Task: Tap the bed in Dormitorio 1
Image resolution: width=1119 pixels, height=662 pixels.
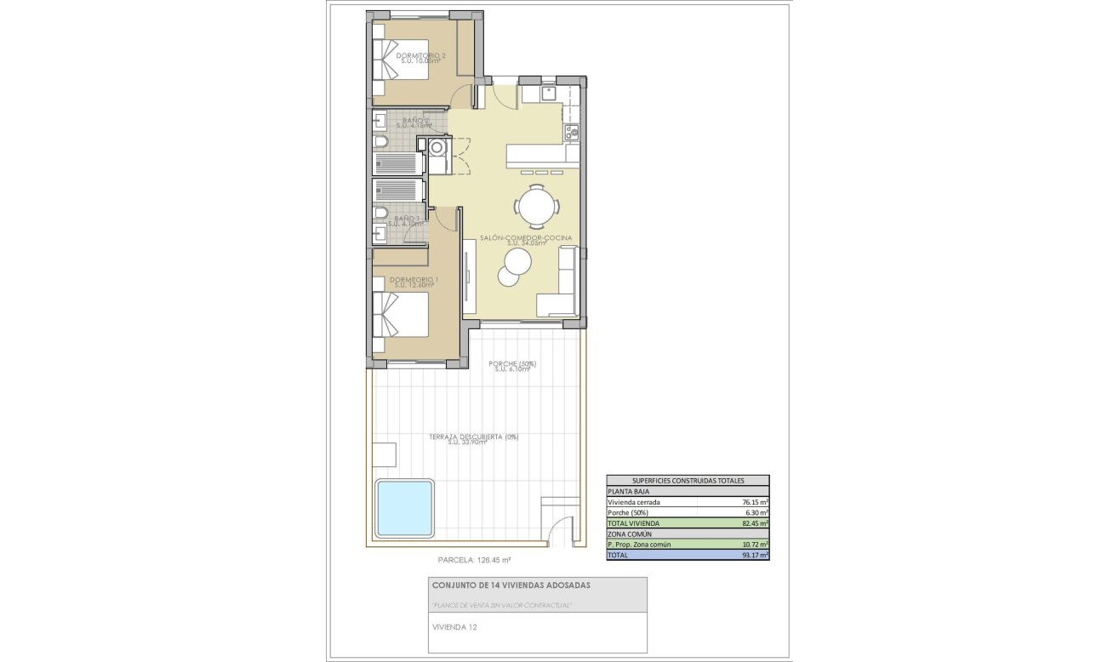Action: click(x=401, y=315)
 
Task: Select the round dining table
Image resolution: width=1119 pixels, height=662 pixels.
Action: click(x=537, y=205)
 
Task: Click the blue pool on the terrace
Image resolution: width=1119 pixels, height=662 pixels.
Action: click(x=405, y=507)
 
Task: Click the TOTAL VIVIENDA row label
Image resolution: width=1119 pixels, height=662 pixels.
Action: click(x=634, y=523)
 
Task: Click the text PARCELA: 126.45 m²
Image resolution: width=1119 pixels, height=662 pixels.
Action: click(x=474, y=561)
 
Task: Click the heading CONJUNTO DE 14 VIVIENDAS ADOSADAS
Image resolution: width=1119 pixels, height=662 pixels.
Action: click(x=511, y=585)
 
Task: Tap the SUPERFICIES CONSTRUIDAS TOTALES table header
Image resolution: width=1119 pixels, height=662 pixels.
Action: click(x=687, y=480)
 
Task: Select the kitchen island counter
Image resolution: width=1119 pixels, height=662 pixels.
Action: click(x=543, y=155)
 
